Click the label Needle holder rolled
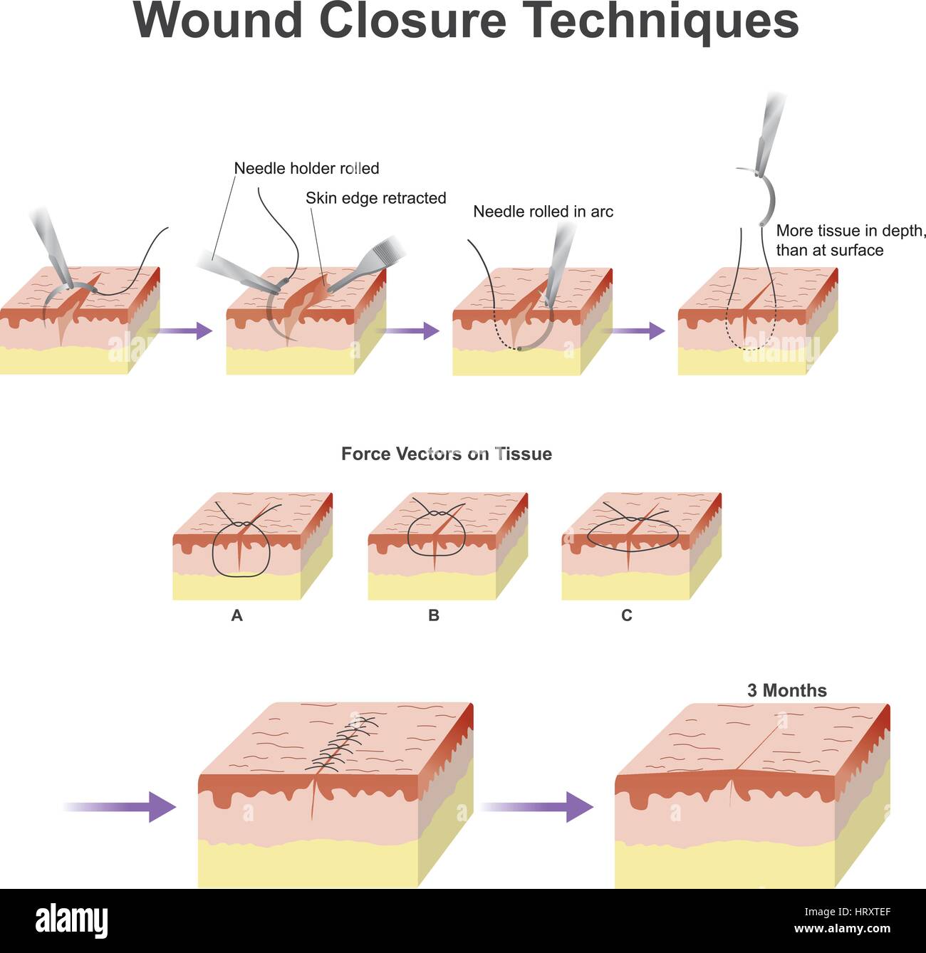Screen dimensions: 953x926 coord(306,169)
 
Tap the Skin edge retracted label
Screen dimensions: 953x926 coord(375,198)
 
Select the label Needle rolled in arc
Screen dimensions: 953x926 coord(543,212)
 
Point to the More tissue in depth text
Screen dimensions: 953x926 coord(850,231)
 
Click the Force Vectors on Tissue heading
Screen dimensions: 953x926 coord(446,454)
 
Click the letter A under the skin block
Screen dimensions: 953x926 coord(237,615)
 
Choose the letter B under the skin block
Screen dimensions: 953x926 coord(433,615)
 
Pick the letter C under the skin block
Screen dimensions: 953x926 coord(627,615)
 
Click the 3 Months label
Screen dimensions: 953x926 coord(786,690)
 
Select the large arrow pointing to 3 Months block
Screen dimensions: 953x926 coord(538,806)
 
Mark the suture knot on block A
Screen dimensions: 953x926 coord(243,524)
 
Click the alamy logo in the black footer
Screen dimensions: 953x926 coord(72,920)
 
